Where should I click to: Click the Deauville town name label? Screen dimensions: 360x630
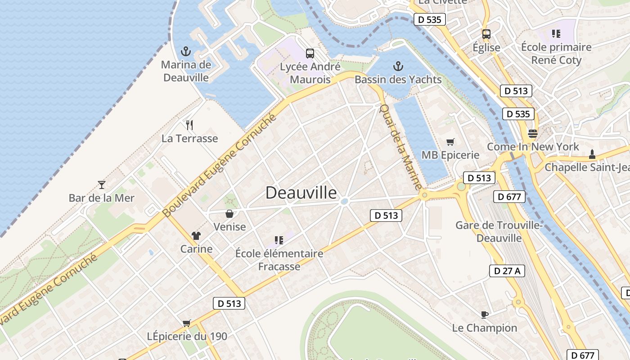click(301, 193)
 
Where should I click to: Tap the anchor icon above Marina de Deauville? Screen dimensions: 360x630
click(185, 51)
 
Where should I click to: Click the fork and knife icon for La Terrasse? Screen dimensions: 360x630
click(189, 125)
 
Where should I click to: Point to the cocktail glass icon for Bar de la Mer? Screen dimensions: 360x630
click(102, 184)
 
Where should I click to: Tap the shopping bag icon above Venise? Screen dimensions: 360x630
click(229, 214)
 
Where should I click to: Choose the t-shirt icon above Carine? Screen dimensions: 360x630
click(196, 235)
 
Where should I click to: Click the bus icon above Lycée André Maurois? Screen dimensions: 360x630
click(310, 54)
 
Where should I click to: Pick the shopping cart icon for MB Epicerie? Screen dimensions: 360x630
click(450, 142)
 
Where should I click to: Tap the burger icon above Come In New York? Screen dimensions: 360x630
click(533, 134)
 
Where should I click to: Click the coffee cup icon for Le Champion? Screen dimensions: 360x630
click(484, 315)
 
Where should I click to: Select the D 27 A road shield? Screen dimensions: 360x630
click(507, 270)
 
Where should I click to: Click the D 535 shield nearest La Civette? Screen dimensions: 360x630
click(429, 19)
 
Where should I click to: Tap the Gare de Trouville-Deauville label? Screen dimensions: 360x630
click(499, 231)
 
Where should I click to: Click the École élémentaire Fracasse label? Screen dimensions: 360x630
click(279, 260)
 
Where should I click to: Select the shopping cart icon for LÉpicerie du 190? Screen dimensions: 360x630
click(186, 323)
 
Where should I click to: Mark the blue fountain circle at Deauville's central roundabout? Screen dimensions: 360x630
click(344, 202)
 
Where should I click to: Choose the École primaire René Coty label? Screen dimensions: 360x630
click(556, 54)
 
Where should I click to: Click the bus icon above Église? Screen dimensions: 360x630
click(486, 34)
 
